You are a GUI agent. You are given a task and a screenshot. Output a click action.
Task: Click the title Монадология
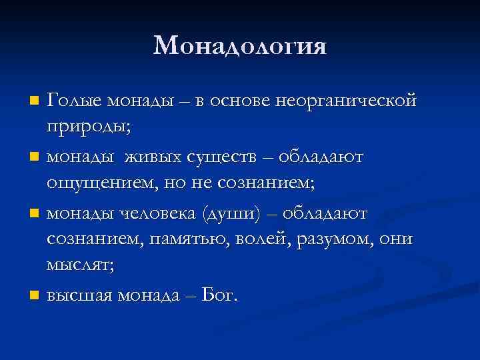pyautogui.click(x=240, y=45)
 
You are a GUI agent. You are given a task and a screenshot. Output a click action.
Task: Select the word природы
pyautogui.click(x=85, y=125)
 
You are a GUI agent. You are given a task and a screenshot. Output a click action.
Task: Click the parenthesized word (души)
pyautogui.click(x=235, y=213)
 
